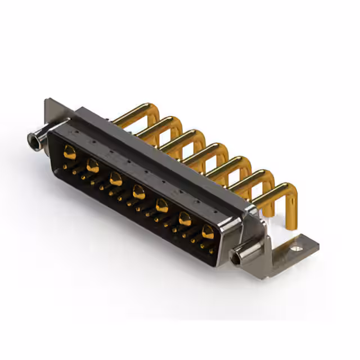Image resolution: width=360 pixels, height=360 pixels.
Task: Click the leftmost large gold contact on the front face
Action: coord(70,151)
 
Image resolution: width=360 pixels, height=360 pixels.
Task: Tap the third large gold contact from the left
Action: coord(116,179)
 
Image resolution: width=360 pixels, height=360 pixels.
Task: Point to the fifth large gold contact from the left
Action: coord(161,206)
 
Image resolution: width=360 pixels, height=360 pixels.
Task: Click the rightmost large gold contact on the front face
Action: coord(208,232)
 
